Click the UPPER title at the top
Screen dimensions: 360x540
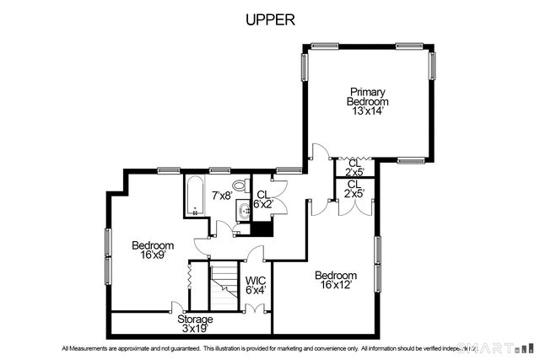click(270, 19)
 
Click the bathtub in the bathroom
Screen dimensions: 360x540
click(193, 196)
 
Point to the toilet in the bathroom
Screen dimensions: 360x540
click(240, 185)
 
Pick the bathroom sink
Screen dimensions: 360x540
click(243, 211)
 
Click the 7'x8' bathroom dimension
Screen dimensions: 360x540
click(221, 196)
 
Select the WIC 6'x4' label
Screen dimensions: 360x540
click(256, 285)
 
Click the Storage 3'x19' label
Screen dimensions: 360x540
click(195, 324)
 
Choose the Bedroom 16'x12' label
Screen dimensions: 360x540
click(336, 280)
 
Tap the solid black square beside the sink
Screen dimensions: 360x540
click(262, 227)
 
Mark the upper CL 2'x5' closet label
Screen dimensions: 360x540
click(354, 168)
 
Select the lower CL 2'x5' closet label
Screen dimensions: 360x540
click(354, 190)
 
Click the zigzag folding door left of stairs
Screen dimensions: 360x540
click(190, 274)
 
